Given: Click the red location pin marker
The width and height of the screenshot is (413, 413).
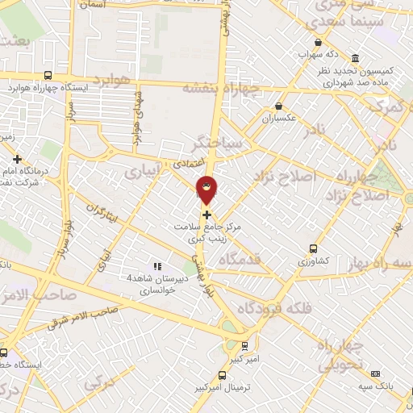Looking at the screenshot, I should coord(207,190).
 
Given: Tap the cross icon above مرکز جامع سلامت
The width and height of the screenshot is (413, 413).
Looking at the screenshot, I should coord(208,215).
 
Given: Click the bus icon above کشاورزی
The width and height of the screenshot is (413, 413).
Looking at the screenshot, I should coord(313,249).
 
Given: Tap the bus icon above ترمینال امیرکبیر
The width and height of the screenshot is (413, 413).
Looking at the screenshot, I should coord(223,375).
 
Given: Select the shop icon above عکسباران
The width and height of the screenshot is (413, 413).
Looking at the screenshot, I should coord(279,106).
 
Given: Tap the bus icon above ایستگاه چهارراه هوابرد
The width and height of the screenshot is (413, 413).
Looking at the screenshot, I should coord(50,74).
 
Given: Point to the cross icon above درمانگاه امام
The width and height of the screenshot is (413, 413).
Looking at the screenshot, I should coord(18,158).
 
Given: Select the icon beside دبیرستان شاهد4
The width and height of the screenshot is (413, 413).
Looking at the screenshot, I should coord(158,265).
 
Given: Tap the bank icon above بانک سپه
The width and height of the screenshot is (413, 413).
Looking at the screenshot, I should coord(375,373).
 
